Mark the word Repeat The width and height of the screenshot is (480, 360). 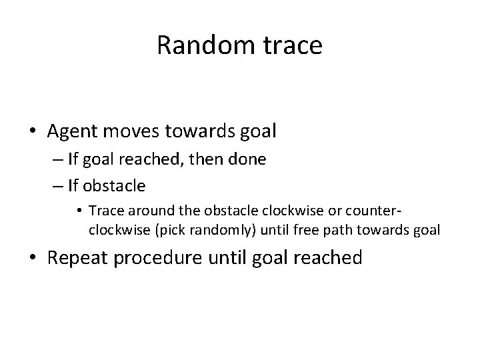coord(77,257)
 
